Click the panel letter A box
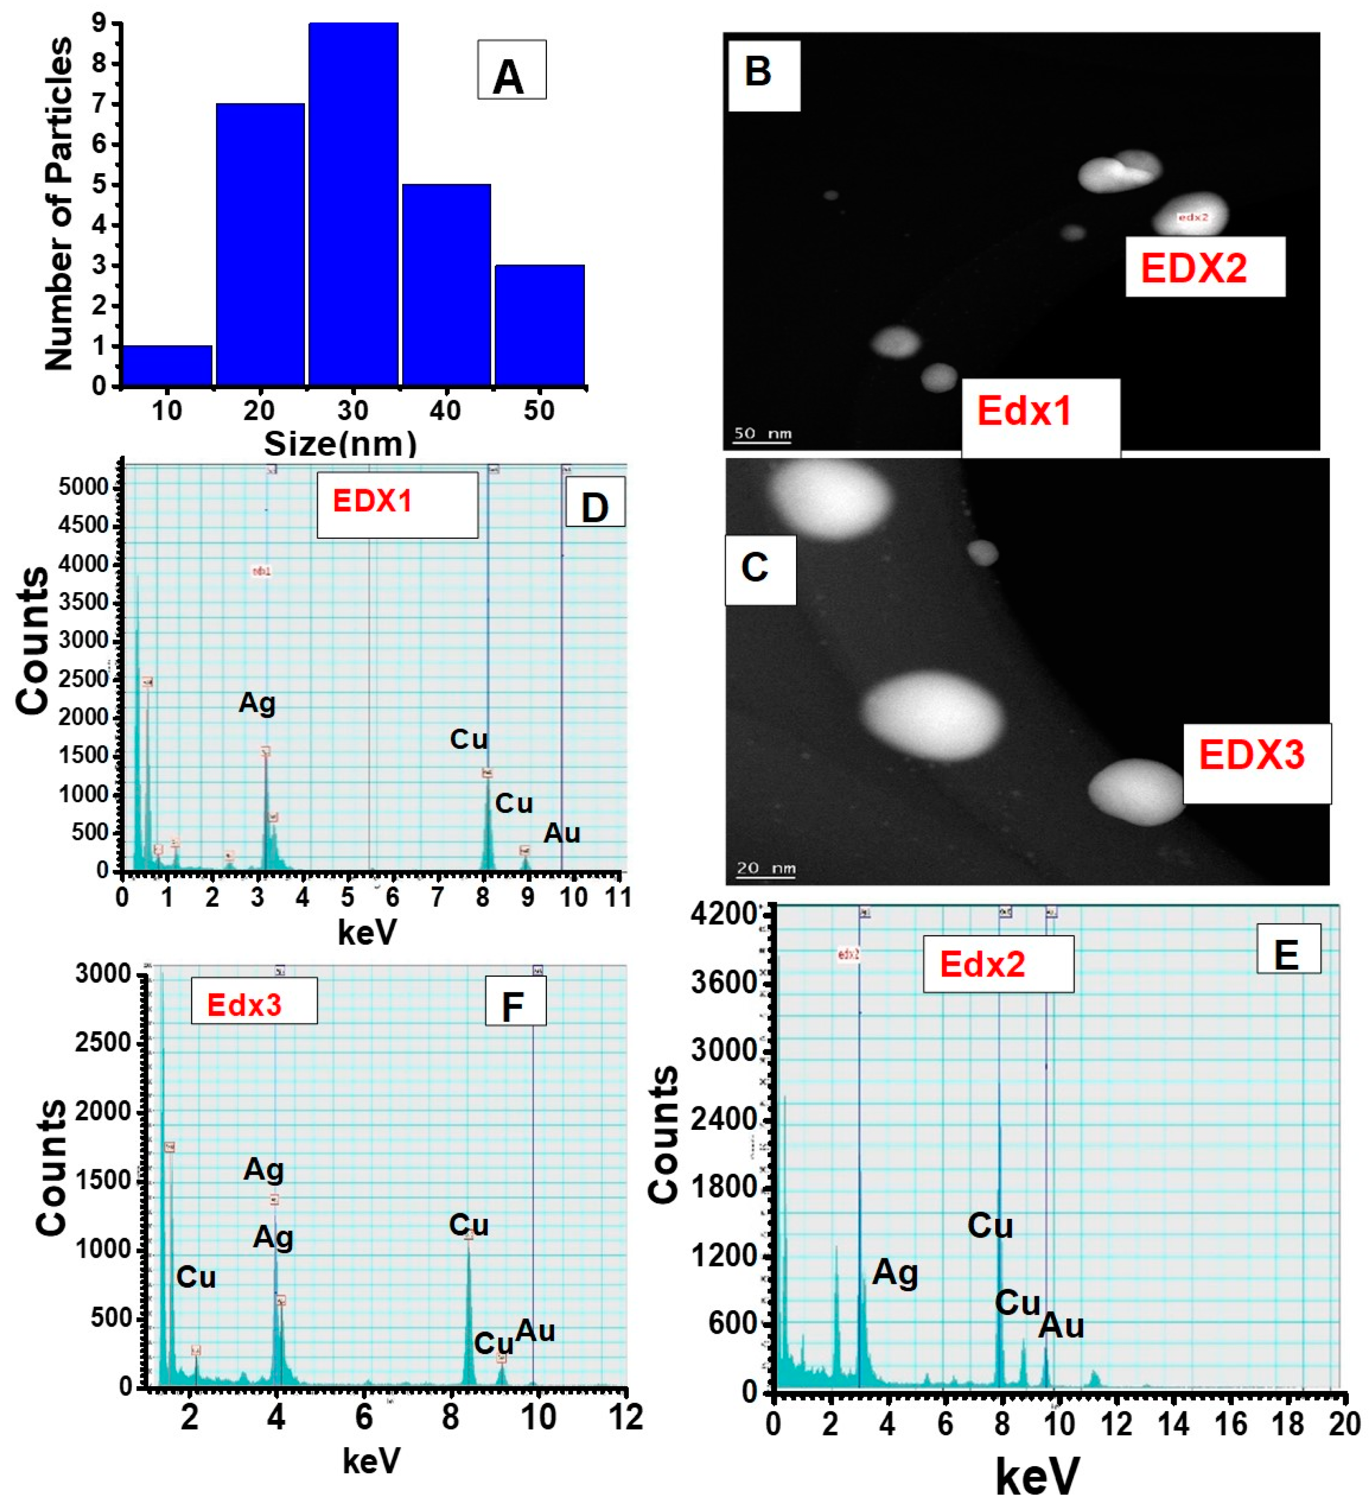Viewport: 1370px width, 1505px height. click(x=511, y=71)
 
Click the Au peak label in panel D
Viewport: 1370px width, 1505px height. click(x=561, y=833)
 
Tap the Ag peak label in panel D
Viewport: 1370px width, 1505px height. click(x=257, y=703)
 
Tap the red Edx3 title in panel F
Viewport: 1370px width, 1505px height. click(x=244, y=1005)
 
